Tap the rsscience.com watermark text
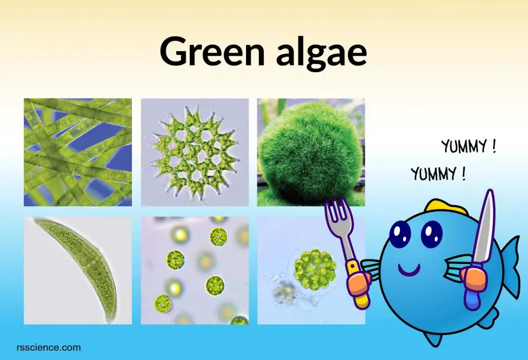tap(48, 347)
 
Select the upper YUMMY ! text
tap(468, 146)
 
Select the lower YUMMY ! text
tap(438, 174)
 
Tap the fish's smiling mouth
tap(409, 270)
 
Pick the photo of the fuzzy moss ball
tap(311, 152)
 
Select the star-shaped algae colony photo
tap(194, 152)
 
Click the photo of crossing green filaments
tap(78, 152)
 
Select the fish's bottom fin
tap(433, 337)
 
